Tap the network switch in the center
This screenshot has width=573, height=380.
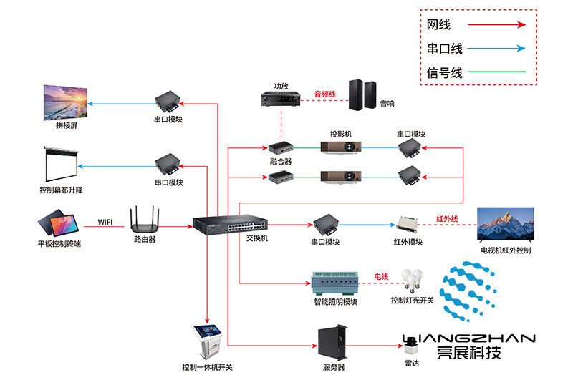point(219,224)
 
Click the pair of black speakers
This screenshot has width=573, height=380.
point(362,94)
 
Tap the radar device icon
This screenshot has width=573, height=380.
point(412,349)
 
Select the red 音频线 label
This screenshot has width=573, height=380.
point(324,94)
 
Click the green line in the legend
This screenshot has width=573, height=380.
point(495,72)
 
